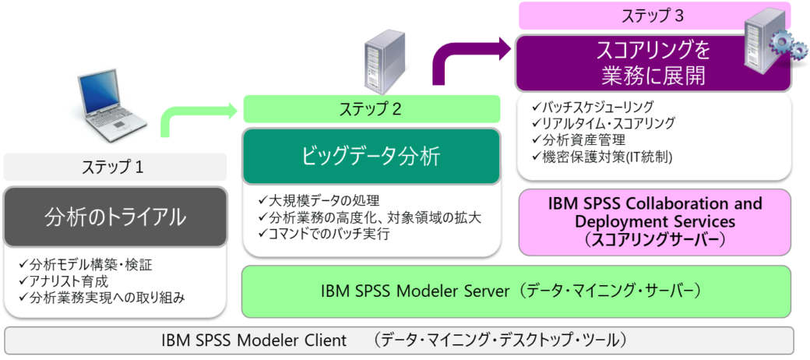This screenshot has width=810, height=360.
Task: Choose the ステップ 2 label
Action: tap(371, 109)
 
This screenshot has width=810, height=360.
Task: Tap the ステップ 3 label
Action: tap(653, 15)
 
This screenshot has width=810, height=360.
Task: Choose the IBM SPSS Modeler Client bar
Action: tap(399, 340)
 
